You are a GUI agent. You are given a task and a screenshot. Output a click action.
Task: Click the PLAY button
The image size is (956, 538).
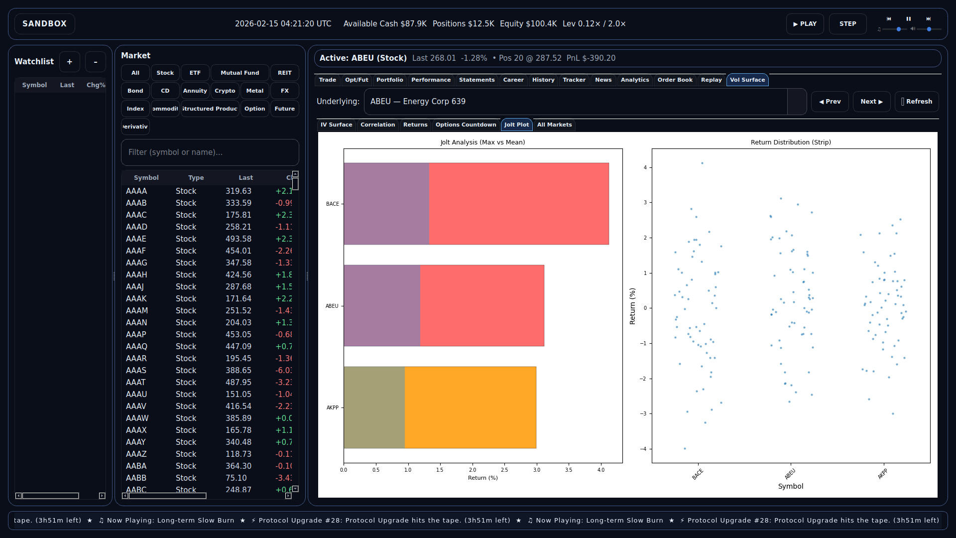[x=805, y=24]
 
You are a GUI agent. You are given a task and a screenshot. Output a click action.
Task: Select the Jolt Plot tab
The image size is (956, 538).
[x=516, y=125]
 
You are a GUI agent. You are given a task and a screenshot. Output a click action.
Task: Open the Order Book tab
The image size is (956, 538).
[x=675, y=80]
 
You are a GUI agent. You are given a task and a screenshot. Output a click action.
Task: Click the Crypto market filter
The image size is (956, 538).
[x=225, y=91]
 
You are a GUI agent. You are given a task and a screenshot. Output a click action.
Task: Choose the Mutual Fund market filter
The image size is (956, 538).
[x=239, y=73]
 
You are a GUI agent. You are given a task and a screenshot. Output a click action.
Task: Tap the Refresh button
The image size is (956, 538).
[x=917, y=102]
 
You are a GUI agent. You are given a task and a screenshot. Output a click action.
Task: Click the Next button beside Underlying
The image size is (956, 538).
[x=871, y=102]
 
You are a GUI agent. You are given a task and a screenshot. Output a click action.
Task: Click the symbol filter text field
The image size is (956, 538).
[x=210, y=152]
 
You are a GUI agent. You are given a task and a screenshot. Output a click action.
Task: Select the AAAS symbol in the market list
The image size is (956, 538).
[x=136, y=370]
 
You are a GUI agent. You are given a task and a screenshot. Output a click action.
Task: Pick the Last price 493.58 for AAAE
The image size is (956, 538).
[x=238, y=239]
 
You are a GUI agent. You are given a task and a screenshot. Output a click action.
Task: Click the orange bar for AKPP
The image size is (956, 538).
[x=470, y=407]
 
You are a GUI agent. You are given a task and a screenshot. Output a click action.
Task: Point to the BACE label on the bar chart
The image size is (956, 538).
[x=332, y=204]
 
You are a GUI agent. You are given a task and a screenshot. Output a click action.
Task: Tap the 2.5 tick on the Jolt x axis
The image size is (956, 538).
[x=504, y=470]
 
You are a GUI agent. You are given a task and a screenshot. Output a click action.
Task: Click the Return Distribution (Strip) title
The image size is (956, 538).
[x=790, y=142]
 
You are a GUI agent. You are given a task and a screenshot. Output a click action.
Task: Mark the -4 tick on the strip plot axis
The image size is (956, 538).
[x=643, y=449]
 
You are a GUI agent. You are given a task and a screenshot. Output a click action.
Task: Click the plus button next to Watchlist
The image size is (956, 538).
[x=70, y=62]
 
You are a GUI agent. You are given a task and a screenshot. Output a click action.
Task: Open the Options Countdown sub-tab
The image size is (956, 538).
[x=466, y=125]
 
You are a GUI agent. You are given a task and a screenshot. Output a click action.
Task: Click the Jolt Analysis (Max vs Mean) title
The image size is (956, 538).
[x=482, y=142]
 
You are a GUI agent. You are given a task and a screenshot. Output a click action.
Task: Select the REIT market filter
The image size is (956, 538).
[x=284, y=73]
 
